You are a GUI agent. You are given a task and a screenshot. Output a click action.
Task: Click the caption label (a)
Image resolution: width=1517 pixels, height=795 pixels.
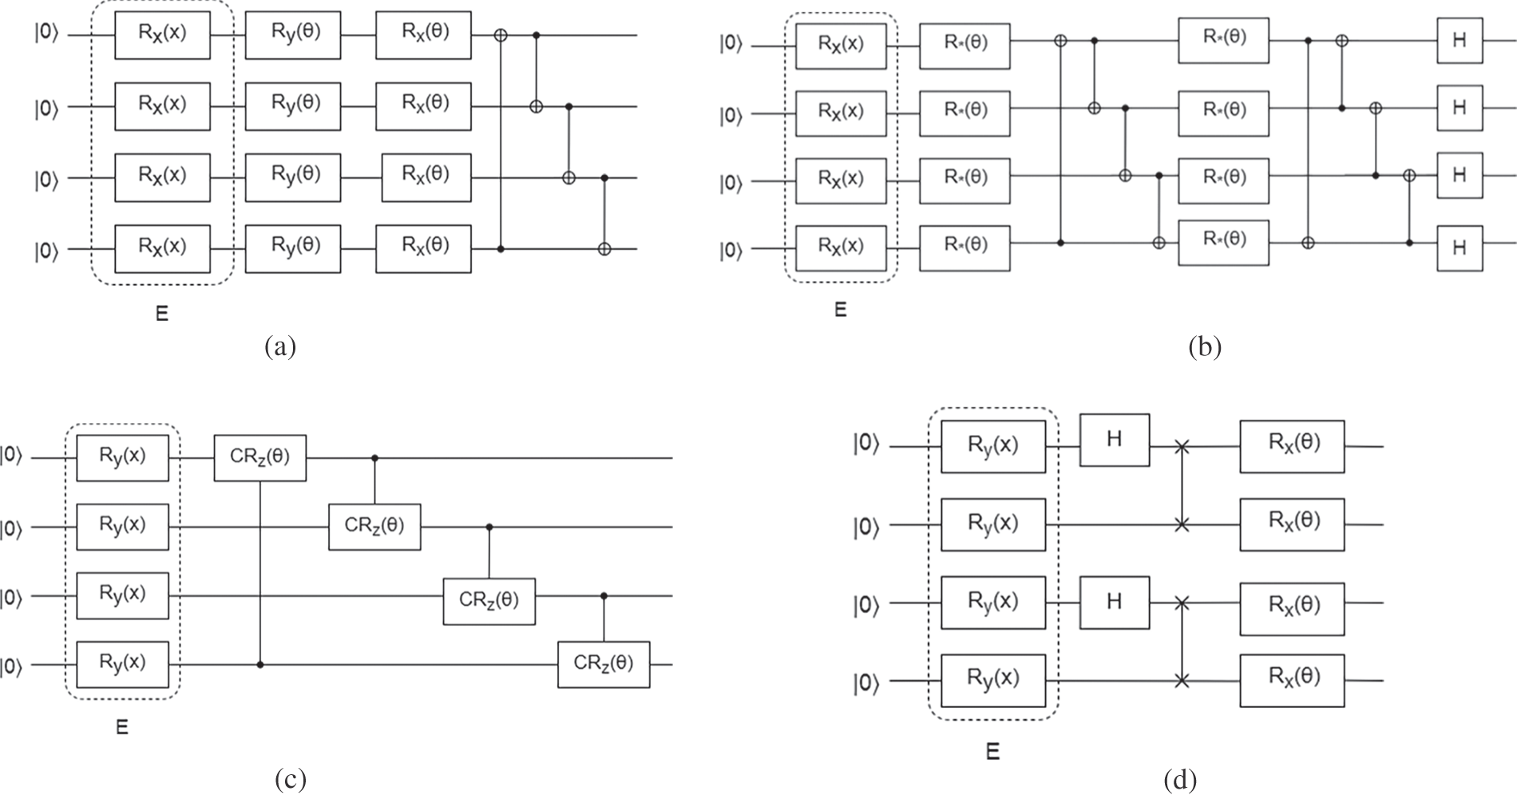tap(279, 348)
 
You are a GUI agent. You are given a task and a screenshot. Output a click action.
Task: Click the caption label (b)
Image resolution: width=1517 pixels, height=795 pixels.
tap(1205, 348)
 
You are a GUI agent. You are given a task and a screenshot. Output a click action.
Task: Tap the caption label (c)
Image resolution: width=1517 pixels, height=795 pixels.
tap(290, 780)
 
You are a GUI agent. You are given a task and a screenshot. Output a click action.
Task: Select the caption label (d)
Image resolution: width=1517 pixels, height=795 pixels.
tap(1180, 780)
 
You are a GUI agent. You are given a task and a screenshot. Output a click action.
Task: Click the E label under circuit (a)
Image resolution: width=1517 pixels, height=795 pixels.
tap(162, 314)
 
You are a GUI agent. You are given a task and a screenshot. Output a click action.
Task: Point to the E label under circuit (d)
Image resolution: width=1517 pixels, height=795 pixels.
tap(992, 752)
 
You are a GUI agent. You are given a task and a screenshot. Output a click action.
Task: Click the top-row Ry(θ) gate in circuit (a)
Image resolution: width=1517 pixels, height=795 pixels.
tap(293, 35)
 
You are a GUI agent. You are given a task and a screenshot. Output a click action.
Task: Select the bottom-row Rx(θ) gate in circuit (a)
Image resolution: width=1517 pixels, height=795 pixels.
tap(423, 248)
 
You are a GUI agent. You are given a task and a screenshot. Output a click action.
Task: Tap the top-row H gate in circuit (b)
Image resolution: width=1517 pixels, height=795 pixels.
tap(1460, 41)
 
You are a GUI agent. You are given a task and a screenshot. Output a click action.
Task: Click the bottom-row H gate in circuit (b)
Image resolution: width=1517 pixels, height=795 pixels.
tap(1460, 248)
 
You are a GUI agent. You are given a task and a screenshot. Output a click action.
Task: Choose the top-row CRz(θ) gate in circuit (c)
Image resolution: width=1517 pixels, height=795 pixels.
tap(259, 458)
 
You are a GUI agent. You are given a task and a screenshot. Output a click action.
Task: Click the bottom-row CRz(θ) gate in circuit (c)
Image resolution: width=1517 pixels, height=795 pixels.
tap(604, 664)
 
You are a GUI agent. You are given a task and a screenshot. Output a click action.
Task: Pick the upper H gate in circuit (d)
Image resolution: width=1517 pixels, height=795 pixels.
tap(1115, 440)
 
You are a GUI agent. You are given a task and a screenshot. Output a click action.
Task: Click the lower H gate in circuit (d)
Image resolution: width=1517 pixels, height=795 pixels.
tap(1115, 603)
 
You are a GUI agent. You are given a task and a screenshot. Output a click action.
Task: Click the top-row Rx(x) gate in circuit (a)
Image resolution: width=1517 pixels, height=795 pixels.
tap(162, 35)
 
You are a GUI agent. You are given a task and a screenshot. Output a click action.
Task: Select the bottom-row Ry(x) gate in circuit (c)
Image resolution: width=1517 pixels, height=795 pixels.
tap(122, 664)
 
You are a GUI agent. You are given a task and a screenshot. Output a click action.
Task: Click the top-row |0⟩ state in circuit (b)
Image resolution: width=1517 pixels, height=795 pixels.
tap(731, 45)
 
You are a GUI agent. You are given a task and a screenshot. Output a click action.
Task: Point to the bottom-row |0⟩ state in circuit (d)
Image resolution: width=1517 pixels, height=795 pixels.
tap(865, 682)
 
